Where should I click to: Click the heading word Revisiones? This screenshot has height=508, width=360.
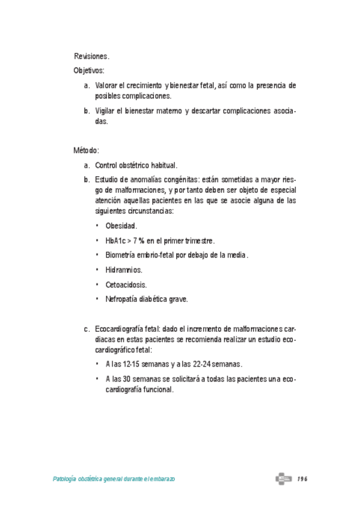click(x=91, y=56)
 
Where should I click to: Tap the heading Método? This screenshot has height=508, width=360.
click(x=86, y=150)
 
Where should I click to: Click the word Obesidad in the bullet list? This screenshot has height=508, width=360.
click(x=121, y=226)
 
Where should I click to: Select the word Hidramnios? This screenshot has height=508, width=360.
click(x=123, y=270)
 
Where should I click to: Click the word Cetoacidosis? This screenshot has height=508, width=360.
click(x=126, y=285)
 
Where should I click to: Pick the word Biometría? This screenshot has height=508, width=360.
click(x=122, y=255)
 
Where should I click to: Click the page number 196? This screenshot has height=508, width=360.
click(x=302, y=479)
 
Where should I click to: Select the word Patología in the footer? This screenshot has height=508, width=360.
click(x=66, y=480)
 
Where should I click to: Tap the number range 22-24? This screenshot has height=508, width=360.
click(x=194, y=364)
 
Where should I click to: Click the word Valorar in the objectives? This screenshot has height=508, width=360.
click(x=107, y=86)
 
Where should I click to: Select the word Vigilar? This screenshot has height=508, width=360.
click(x=105, y=111)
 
